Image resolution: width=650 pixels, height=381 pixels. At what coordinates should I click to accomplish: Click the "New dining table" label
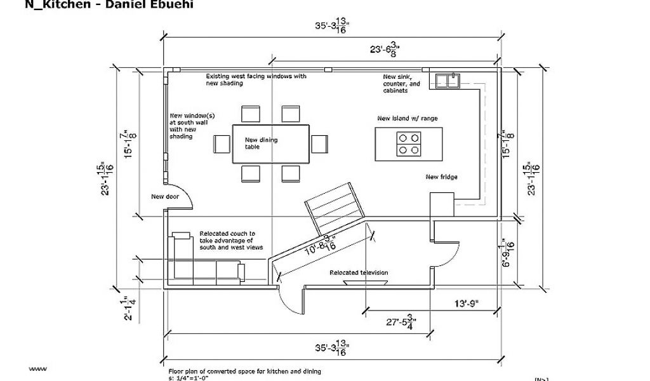coord(261,143)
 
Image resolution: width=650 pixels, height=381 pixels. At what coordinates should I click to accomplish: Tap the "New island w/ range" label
coord(407,118)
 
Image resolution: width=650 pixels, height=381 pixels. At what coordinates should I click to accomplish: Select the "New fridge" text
coord(441,177)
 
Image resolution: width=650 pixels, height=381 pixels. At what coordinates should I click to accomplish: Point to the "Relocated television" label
coord(359,272)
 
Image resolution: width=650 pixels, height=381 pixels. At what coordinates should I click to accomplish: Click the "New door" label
coord(164,196)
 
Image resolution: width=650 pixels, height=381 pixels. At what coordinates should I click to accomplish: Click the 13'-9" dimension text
coord(465,304)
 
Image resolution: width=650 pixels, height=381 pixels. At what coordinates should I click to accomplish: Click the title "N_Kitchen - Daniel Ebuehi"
coord(108,5)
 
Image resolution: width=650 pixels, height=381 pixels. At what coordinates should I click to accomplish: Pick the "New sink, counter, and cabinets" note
coord(401,84)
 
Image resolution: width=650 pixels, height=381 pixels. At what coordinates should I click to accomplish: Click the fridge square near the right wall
coord(441,205)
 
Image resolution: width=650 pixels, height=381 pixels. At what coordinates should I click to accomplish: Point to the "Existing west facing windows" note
coord(256,79)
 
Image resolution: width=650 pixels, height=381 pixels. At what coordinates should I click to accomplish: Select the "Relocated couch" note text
coord(230,240)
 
